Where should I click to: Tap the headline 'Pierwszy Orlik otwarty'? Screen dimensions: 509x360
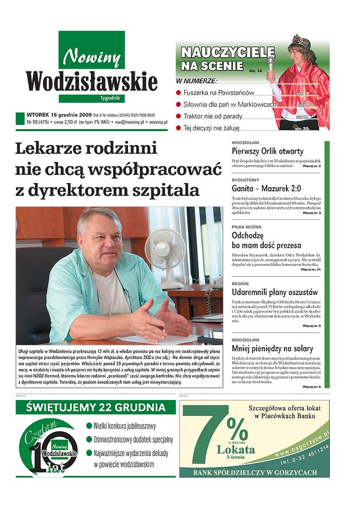pyautogui.click(x=267, y=151)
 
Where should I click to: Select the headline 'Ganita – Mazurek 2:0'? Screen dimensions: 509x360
pyautogui.click(x=266, y=188)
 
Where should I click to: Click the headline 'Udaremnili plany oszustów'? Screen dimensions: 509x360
pyautogui.click(x=275, y=292)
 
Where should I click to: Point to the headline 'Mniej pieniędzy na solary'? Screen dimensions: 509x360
pyautogui.click(x=273, y=349)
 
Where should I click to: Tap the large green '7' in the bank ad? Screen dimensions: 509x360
pyautogui.click(x=202, y=437)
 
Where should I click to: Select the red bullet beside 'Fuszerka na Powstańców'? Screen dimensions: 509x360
pyautogui.click(x=179, y=93)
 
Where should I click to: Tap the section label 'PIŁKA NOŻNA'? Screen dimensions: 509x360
pyautogui.click(x=246, y=227)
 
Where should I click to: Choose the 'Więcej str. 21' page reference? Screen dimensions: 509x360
pyautogui.click(x=311, y=269)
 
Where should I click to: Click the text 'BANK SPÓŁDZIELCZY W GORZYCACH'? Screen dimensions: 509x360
pyautogui.click(x=254, y=472)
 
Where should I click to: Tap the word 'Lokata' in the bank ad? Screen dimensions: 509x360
pyautogui.click(x=236, y=449)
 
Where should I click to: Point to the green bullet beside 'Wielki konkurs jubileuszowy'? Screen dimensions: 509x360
pyautogui.click(x=89, y=426)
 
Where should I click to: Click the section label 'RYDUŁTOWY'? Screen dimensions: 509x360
pyautogui.click(x=245, y=180)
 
